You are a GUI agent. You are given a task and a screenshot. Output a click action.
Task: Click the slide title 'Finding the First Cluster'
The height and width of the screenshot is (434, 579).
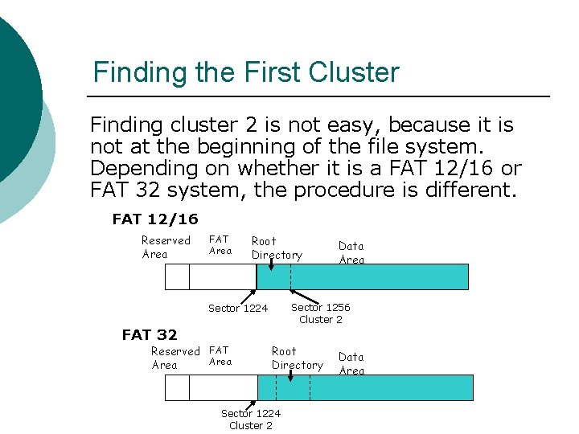(x=245, y=72)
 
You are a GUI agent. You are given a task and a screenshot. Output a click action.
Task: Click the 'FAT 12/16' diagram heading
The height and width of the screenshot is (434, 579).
(x=155, y=219)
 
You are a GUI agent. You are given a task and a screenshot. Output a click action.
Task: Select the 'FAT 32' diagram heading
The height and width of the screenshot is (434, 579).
(x=150, y=334)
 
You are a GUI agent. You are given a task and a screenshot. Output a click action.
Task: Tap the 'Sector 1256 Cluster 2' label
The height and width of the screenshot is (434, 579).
(x=320, y=313)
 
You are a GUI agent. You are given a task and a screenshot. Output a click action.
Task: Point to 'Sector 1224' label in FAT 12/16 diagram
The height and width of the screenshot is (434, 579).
(x=238, y=308)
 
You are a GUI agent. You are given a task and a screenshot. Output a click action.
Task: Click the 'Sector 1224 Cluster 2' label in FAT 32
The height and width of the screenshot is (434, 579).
(x=251, y=420)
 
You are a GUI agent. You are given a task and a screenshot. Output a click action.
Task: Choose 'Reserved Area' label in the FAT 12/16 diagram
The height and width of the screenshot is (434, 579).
(x=166, y=248)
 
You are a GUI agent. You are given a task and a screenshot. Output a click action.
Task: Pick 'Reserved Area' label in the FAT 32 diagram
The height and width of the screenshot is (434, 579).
(x=175, y=358)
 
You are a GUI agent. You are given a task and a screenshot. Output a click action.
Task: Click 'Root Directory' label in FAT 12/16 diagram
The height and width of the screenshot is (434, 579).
(x=277, y=248)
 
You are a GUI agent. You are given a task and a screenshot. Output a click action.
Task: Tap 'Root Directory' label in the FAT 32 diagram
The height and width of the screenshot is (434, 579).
(x=297, y=358)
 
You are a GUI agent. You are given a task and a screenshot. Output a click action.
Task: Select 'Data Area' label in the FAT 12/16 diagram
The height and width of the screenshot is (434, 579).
(x=351, y=252)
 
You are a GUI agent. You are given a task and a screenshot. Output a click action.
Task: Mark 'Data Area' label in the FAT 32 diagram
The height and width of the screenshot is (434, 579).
(x=351, y=363)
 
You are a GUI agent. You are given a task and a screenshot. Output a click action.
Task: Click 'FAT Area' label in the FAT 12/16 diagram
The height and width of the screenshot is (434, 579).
(x=220, y=245)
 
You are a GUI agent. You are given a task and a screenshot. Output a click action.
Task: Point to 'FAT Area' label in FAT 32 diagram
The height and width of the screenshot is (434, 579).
(x=220, y=356)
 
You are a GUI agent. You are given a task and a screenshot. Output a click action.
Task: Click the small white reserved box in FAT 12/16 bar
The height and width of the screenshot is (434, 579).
(x=177, y=276)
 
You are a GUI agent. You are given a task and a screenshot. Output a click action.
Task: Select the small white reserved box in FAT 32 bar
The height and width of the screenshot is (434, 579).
(x=177, y=387)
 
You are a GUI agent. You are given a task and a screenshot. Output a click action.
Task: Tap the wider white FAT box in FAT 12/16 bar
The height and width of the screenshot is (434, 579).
(x=222, y=276)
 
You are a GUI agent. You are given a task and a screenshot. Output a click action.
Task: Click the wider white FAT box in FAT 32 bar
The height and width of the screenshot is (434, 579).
(x=222, y=387)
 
